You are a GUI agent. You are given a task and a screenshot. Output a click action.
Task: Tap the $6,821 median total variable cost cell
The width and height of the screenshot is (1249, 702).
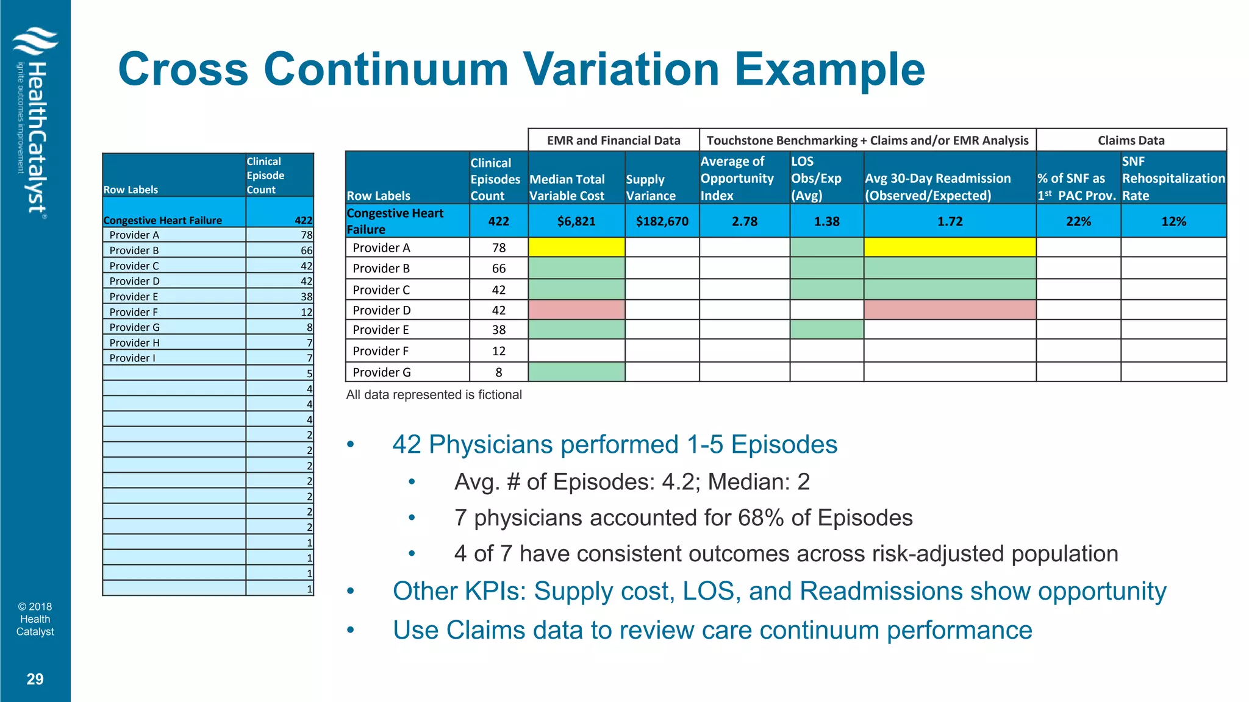pos(576,221)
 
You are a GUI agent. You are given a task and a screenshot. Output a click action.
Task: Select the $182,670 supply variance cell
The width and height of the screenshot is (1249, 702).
pos(662,221)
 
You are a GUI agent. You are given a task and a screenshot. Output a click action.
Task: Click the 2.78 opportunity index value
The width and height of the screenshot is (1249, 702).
pos(744,221)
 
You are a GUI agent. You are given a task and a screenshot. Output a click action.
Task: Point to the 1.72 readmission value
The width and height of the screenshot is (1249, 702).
pos(950,221)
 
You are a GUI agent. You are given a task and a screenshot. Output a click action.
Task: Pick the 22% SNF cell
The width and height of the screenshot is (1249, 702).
pos(1078,221)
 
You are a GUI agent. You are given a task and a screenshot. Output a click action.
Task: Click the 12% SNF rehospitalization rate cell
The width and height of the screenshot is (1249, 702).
pos(1173,221)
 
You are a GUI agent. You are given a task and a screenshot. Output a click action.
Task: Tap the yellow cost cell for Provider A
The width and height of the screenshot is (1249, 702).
pos(576,247)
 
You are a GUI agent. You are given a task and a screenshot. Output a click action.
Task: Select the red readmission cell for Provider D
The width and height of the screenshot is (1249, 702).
pos(950,310)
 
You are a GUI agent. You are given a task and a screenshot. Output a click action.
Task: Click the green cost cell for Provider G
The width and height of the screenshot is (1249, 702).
pos(576,372)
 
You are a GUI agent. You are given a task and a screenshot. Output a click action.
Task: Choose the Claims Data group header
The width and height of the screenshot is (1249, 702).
pos(1131,140)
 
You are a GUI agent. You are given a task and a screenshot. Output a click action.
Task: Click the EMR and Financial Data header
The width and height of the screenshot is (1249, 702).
pos(614,140)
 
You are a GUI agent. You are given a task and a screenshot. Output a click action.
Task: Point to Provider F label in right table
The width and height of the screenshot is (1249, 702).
pos(381,351)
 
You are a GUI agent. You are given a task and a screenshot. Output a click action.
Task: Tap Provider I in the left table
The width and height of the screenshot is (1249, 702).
pos(132,358)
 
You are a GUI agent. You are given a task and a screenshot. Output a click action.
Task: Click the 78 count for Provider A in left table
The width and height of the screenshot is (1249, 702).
pos(306,235)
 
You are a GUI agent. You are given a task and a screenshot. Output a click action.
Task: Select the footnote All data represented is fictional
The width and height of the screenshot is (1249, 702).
pos(434,395)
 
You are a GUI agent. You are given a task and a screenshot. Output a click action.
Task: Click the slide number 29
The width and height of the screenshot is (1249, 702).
pos(35,679)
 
